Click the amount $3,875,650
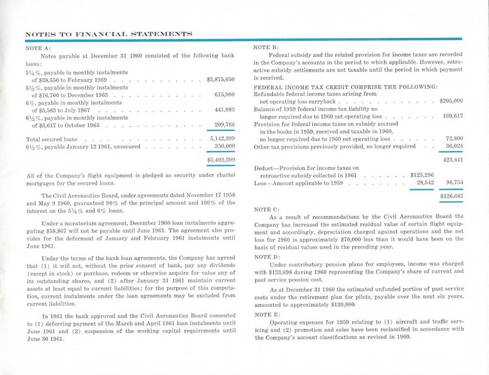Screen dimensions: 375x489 tap(221, 79)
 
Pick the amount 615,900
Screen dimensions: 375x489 tap(224, 94)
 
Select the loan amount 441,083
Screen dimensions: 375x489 tap(224, 110)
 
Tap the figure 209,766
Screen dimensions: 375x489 tap(224, 125)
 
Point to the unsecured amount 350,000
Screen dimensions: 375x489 tap(224, 146)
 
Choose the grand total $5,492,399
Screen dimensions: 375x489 tap(221, 160)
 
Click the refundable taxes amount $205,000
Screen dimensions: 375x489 tap(451, 101)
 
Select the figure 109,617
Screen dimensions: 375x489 tap(453, 117)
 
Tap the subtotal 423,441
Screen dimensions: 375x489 tap(453, 159)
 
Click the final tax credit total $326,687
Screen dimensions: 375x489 tap(451, 196)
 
